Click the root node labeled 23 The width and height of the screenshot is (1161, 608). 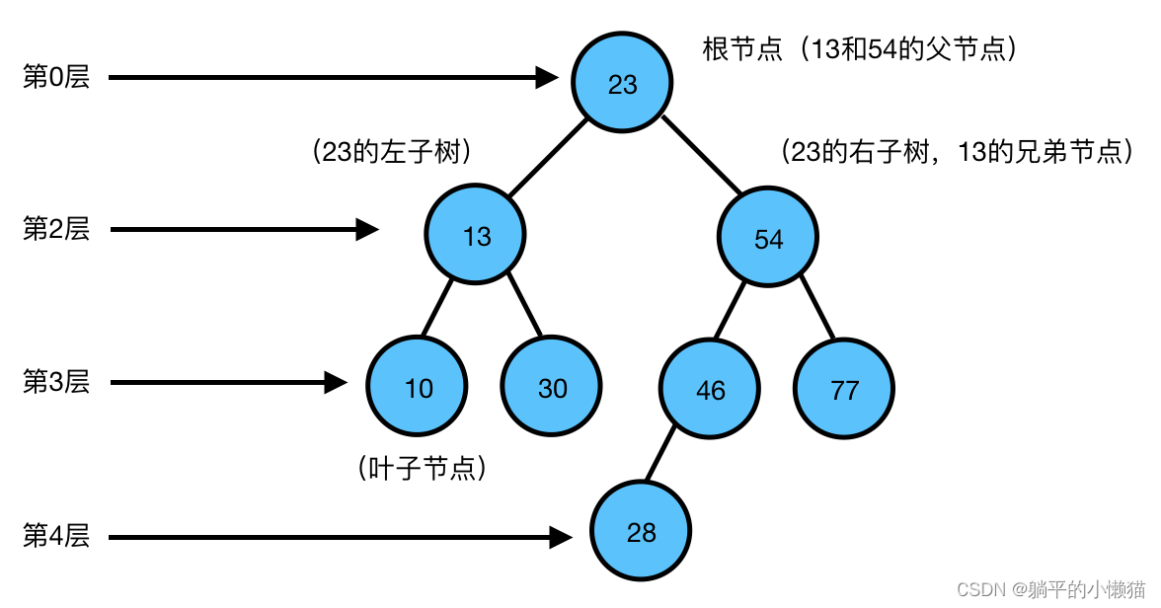point(622,84)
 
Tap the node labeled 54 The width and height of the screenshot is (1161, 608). point(768,238)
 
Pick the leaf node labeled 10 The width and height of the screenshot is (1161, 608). point(418,388)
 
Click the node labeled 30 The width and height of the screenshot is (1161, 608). point(552,388)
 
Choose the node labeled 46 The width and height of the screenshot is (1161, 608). point(710,390)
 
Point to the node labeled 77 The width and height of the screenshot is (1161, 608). point(844,390)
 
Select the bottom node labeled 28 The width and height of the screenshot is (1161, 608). point(641,533)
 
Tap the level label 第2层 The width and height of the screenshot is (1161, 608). point(56,230)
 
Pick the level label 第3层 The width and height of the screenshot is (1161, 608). point(56,382)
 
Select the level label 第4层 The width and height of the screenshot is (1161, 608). point(56,537)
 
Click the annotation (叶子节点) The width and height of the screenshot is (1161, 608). point(423,469)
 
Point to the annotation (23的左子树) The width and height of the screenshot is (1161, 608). point(390,152)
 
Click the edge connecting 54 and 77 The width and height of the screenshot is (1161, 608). point(817,307)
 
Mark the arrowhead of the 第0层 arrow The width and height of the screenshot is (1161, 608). point(547,77)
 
